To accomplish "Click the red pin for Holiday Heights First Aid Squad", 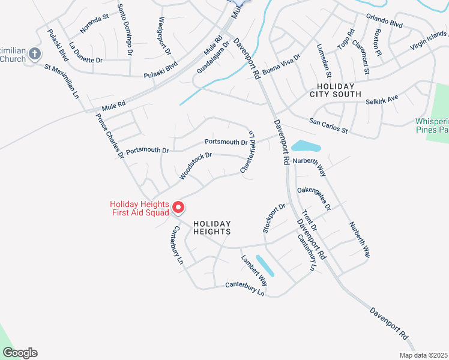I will click(x=178, y=208).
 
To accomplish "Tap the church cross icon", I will click(x=35, y=53).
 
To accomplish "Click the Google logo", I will click(x=20, y=353).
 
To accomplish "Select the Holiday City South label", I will click(x=335, y=90).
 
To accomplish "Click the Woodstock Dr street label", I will click(x=196, y=166).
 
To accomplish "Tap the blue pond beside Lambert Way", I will click(x=265, y=265).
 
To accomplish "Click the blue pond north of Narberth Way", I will click(x=306, y=146).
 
